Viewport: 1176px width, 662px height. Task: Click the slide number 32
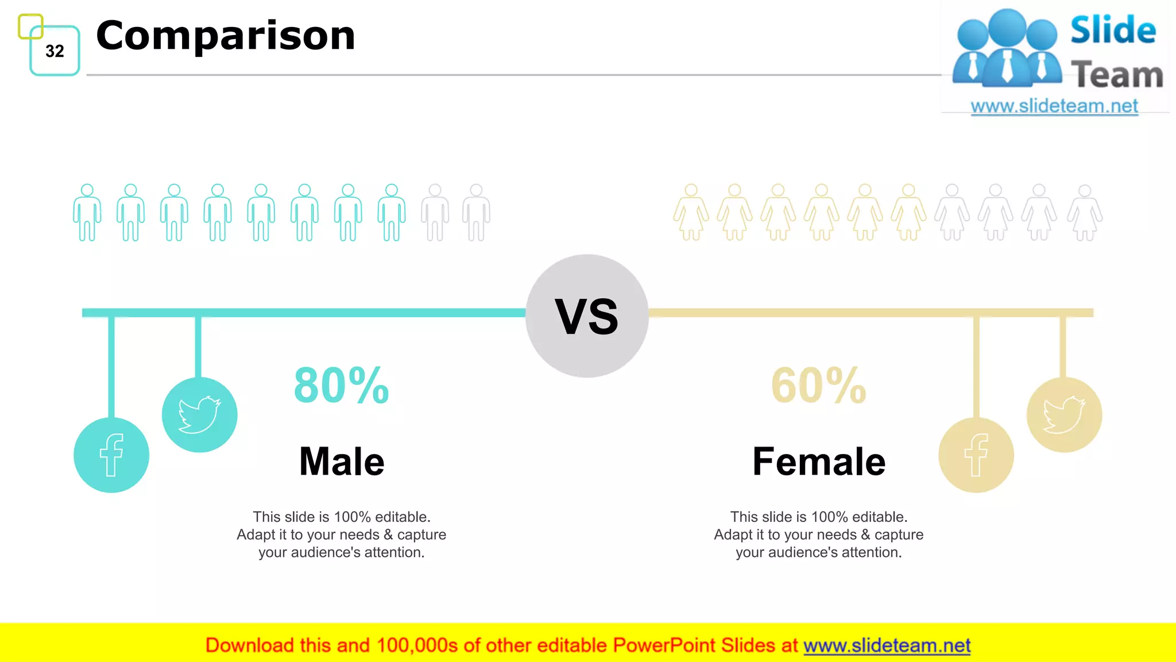pos(55,51)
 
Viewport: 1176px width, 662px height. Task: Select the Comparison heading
pos(226,36)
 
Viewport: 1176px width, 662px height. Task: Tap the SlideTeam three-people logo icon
pos(1007,49)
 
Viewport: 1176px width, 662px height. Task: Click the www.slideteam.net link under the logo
pos(1054,106)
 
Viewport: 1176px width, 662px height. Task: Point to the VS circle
pos(587,316)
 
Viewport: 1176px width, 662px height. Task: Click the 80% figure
pos(342,386)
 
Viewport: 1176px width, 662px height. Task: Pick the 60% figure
pos(819,386)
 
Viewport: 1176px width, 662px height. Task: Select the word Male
pos(342,461)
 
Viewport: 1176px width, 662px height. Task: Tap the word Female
pos(819,461)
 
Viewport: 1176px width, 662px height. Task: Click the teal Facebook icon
pos(111,455)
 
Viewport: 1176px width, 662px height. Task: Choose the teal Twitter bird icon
pos(199,414)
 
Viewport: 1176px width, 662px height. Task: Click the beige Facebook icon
pos(976,455)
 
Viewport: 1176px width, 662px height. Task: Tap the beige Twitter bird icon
pos(1064,414)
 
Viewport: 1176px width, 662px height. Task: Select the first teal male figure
pos(87,213)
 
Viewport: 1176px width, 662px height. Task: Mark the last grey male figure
pos(476,213)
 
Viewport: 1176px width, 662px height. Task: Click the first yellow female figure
pos(691,213)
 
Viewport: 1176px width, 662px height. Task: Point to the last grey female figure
pos(1085,213)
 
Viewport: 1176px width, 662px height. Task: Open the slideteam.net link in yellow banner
pos(887,646)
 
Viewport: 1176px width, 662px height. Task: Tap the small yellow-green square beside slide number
pos(30,26)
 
